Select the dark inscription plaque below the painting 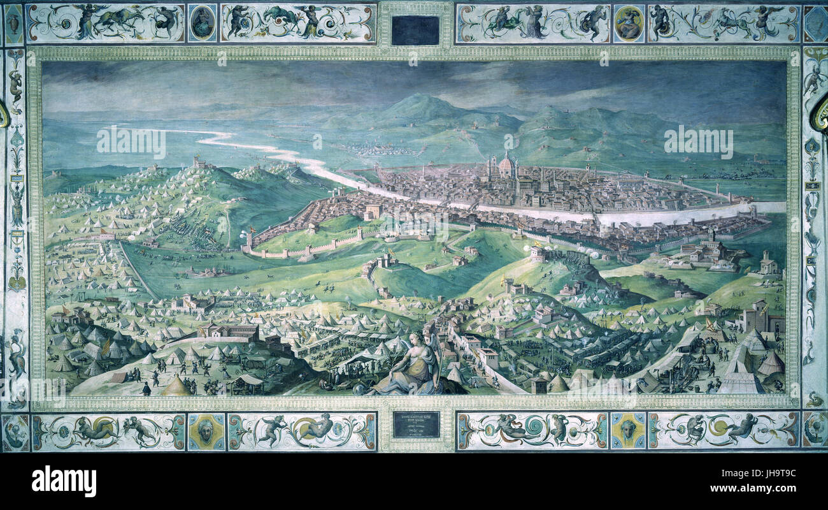tap(415, 424)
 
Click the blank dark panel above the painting tap(415, 30)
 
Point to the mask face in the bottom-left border tap(206, 432)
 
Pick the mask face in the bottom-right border tap(627, 430)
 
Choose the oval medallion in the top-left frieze tap(202, 22)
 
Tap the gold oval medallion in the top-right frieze tap(629, 24)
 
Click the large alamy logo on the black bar tap(64, 481)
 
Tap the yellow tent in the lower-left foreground tap(176, 386)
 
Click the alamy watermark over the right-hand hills tap(698, 142)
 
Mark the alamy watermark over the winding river tap(131, 143)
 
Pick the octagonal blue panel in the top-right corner tap(815, 24)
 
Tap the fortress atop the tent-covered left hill tap(202, 163)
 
